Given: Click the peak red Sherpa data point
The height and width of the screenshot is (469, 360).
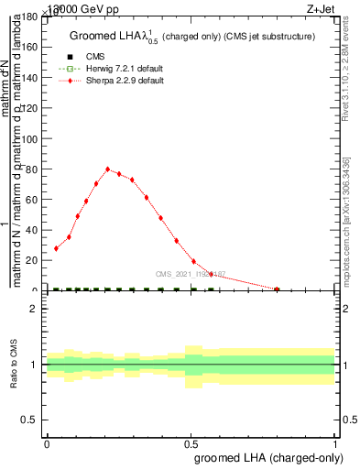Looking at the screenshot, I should click(x=108, y=169).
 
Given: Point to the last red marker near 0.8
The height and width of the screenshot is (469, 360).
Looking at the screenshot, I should click(x=278, y=289).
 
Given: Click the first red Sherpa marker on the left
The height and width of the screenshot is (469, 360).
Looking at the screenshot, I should click(x=57, y=248).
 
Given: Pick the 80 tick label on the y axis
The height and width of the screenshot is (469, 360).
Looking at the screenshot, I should click(x=31, y=169).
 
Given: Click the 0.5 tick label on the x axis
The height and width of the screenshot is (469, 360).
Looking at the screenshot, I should click(x=191, y=443).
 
